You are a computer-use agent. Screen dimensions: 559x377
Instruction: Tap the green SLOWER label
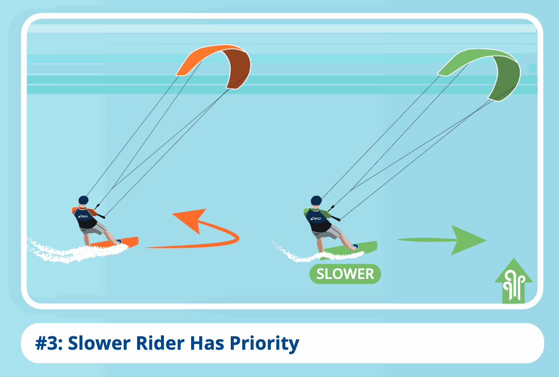click(x=345, y=274)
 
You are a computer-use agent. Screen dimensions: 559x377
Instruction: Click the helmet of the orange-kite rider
click(x=84, y=200)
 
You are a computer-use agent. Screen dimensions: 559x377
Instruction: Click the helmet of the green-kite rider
click(x=316, y=200)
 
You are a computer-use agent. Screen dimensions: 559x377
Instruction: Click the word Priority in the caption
click(x=264, y=344)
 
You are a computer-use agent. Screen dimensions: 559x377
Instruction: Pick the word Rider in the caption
click(x=160, y=343)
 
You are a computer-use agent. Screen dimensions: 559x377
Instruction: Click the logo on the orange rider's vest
click(x=83, y=216)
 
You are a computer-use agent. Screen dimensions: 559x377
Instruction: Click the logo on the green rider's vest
click(x=315, y=218)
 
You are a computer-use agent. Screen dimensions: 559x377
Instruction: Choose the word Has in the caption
click(x=207, y=343)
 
